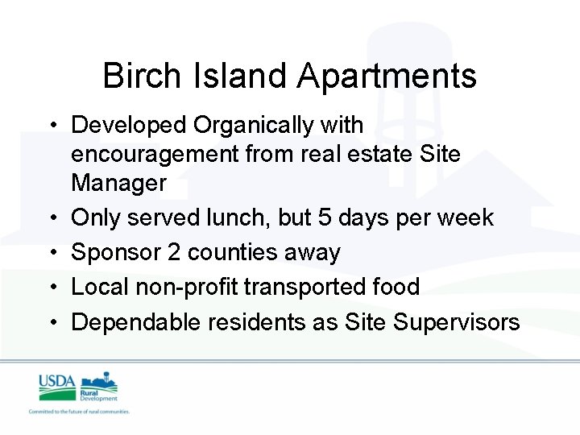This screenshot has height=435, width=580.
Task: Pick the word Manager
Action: [118, 184]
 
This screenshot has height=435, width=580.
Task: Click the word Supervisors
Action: [457, 322]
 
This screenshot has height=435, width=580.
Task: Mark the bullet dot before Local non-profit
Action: [52, 288]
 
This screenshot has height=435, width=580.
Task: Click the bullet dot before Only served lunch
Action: [52, 218]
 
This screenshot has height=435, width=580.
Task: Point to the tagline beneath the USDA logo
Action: [79, 412]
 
